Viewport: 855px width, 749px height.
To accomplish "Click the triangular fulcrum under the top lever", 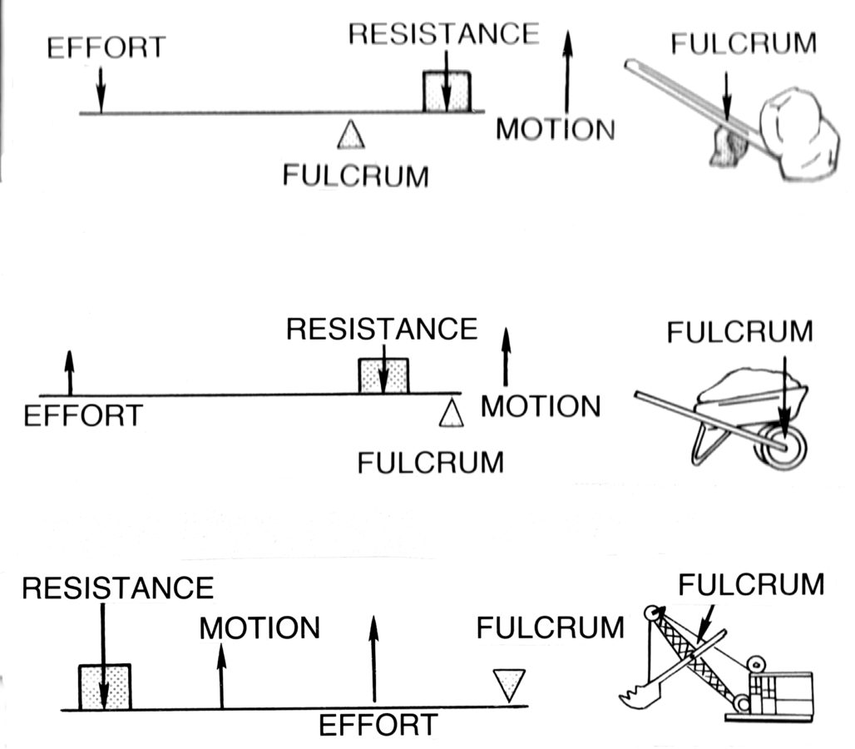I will point(351,135).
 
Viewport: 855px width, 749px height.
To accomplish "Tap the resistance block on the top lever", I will point(447,92).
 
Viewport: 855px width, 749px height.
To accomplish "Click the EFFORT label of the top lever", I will point(106,47).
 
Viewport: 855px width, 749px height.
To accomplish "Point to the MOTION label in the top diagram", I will point(555,130).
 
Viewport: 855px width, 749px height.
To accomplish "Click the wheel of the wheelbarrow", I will point(783,447).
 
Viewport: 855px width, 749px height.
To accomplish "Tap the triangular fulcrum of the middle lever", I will point(451,413).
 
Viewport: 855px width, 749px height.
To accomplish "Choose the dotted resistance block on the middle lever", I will point(383,376).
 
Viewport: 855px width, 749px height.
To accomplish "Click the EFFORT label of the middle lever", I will point(82,415).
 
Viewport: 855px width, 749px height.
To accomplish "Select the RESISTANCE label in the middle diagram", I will point(382,329).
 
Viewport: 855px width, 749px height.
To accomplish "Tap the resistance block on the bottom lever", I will point(105,687).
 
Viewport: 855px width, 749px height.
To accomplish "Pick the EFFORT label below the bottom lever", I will point(378,725).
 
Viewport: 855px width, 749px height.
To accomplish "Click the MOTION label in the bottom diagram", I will point(259,627).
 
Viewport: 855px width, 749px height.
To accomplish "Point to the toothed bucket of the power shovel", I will point(643,687).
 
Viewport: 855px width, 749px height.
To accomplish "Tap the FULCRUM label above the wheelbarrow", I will point(739,332).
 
